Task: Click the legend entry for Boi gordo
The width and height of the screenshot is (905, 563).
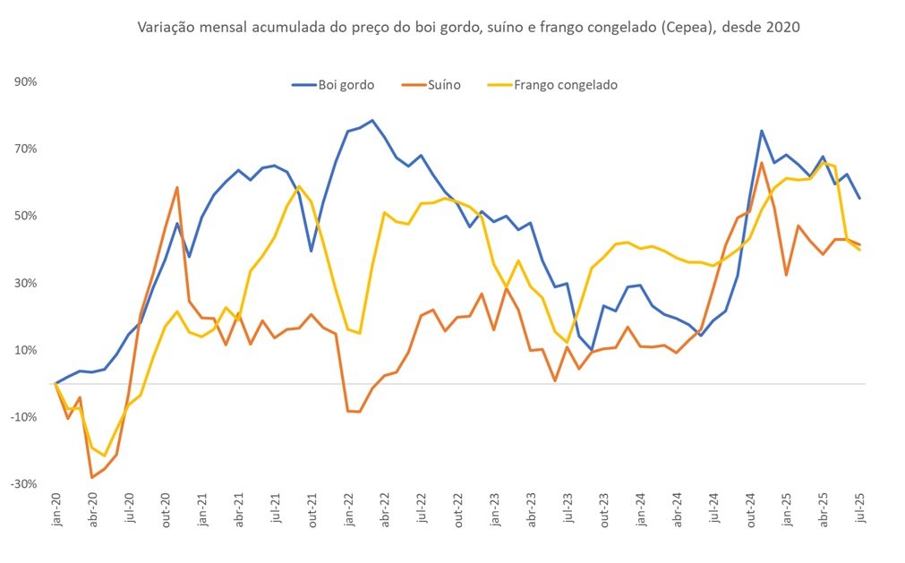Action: [x=333, y=85]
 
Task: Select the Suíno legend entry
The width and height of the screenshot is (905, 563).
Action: [x=431, y=85]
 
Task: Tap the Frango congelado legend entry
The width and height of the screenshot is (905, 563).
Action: [x=552, y=85]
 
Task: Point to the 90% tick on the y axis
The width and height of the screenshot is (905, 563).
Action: [x=25, y=82]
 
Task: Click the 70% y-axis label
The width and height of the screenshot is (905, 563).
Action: [x=25, y=149]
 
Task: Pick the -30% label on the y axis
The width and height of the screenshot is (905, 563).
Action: [x=23, y=484]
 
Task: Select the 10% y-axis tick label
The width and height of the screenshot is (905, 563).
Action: [x=25, y=350]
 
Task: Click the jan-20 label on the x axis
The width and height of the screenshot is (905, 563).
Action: [x=56, y=509]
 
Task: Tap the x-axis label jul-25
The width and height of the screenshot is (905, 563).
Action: [x=860, y=508]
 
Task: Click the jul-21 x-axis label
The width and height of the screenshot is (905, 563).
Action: [x=276, y=508]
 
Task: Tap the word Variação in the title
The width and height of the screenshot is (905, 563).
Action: [x=164, y=27]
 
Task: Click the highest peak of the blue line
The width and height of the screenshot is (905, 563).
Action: [x=372, y=121]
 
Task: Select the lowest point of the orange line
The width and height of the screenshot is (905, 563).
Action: [x=92, y=477]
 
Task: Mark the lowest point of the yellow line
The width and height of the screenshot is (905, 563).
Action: [x=105, y=456]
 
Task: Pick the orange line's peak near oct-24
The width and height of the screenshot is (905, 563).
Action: [x=761, y=163]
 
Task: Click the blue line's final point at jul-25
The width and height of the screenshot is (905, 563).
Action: [x=860, y=199]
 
